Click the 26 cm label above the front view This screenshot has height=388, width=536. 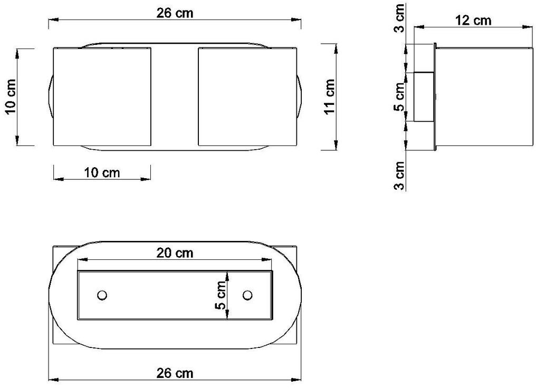pyautogui.click(x=175, y=13)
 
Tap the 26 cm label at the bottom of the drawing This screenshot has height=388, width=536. pyautogui.click(x=175, y=373)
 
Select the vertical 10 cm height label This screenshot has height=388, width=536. pyautogui.click(x=11, y=97)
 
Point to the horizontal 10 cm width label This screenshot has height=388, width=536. pyautogui.click(x=102, y=172)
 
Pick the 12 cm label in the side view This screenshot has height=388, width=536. pyautogui.click(x=473, y=21)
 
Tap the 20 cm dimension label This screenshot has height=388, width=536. pyautogui.click(x=175, y=253)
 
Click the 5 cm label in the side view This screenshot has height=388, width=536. pyautogui.click(x=399, y=97)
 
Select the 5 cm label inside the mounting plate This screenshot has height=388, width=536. pyautogui.click(x=221, y=295)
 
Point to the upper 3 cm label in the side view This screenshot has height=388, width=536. pyautogui.click(x=399, y=18)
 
